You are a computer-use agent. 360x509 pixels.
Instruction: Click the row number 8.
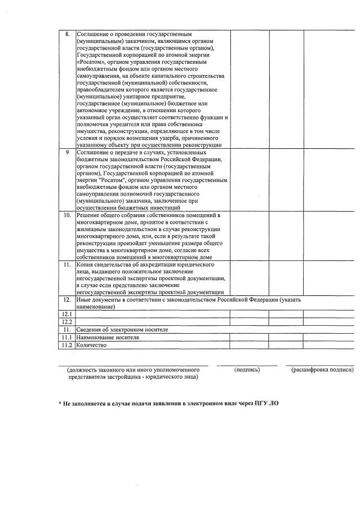point(67,34)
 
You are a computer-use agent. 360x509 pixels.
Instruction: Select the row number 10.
point(67,215)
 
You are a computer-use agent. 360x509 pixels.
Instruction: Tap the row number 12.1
point(67,314)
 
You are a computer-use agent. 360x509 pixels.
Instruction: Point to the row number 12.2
point(67,321)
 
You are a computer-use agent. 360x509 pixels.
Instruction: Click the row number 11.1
point(67,337)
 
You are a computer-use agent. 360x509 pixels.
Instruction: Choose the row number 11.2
point(67,344)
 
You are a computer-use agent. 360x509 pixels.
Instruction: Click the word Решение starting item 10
point(89,215)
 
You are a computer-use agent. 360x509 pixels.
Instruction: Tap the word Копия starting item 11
point(87,264)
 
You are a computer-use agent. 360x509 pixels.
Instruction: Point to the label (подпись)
point(247,370)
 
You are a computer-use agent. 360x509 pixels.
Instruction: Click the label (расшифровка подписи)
point(319,370)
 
